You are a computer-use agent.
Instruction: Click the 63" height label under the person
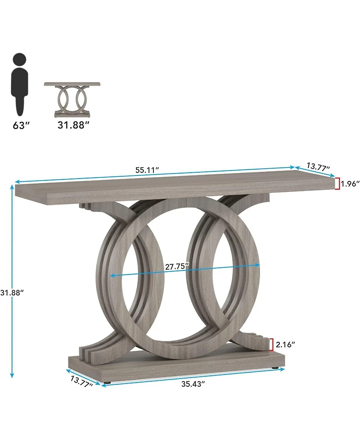pyautogui.click(x=21, y=125)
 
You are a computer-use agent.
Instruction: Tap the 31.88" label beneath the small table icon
pyautogui.click(x=71, y=125)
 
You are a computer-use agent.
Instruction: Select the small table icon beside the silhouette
pyautogui.click(x=72, y=100)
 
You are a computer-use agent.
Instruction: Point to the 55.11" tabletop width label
pyautogui.click(x=148, y=170)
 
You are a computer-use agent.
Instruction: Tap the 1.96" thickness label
pyautogui.click(x=350, y=183)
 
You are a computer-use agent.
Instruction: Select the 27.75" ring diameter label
pyautogui.click(x=177, y=266)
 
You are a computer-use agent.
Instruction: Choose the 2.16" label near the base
pyautogui.click(x=285, y=345)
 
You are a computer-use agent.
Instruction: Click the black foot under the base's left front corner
pyautogui.click(x=107, y=383)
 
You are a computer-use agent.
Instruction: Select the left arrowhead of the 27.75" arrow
pyautogui.click(x=111, y=275)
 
